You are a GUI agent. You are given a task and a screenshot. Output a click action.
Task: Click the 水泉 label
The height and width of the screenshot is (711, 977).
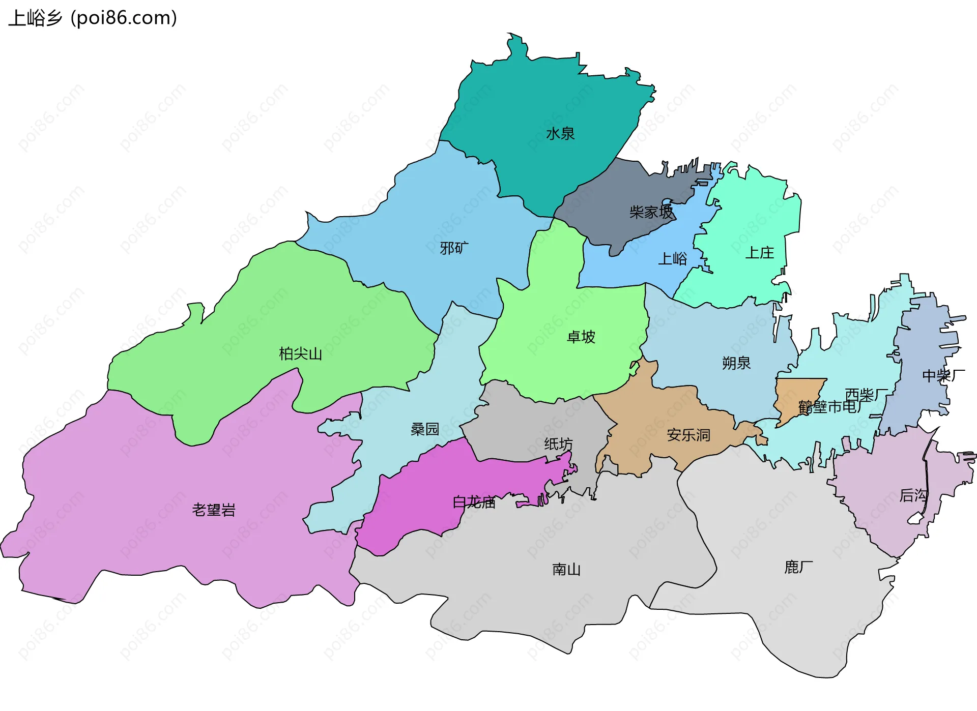(560, 134)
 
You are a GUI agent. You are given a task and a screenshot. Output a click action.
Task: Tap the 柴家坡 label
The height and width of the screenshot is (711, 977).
(651, 212)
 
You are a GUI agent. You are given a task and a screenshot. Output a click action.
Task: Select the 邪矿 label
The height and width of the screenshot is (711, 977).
(454, 248)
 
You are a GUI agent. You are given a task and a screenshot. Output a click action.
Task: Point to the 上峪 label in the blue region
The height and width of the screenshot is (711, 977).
(672, 259)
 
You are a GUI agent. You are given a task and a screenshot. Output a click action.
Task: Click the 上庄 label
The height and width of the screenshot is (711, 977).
(759, 253)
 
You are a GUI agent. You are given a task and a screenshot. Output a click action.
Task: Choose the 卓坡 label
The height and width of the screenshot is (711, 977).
(581, 337)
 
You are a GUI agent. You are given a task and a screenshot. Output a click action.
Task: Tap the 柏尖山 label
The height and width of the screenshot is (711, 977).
(300, 353)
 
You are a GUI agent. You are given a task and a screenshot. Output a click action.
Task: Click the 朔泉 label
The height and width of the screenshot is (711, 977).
(736, 363)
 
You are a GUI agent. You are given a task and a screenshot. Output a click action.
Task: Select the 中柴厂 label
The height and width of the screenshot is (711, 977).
(943, 376)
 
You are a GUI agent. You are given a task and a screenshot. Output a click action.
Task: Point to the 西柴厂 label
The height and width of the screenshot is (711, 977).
(866, 395)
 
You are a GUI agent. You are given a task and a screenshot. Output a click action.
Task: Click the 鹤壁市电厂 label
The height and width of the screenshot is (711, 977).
(830, 407)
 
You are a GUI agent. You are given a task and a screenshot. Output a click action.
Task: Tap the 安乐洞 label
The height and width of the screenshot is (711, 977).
(688, 435)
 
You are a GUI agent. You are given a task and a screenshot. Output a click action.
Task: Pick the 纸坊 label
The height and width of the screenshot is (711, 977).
(558, 444)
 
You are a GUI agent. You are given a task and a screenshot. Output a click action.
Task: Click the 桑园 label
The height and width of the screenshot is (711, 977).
(424, 429)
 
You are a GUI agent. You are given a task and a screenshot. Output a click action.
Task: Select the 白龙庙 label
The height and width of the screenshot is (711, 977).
(474, 502)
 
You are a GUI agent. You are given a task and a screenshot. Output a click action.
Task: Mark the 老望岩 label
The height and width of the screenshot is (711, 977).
(214, 510)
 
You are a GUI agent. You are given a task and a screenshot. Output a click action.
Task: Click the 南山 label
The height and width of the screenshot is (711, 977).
(566, 569)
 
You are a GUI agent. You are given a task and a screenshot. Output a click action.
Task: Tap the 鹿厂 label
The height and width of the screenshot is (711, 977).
(798, 567)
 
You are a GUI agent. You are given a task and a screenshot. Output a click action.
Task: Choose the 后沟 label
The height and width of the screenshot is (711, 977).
(913, 495)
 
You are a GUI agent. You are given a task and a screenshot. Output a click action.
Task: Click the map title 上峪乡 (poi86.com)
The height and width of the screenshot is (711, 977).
(93, 18)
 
